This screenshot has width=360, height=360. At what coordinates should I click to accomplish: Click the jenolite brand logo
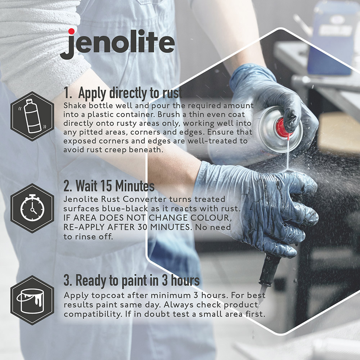pyautogui.click(x=117, y=44)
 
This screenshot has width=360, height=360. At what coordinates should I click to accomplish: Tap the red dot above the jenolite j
pyautogui.click(x=71, y=31)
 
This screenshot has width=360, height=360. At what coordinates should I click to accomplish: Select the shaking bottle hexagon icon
pyautogui.click(x=32, y=116)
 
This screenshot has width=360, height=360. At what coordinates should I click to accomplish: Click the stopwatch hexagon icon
pyautogui.click(x=32, y=208)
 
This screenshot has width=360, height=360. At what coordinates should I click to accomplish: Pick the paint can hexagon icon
pyautogui.click(x=32, y=300)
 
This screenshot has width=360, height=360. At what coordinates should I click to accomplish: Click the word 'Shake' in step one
pyautogui.click(x=75, y=105)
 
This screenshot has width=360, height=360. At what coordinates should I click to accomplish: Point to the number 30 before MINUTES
pyautogui.click(x=143, y=227)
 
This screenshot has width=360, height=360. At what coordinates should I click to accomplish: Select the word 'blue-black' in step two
pyautogui.click(x=125, y=208)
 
